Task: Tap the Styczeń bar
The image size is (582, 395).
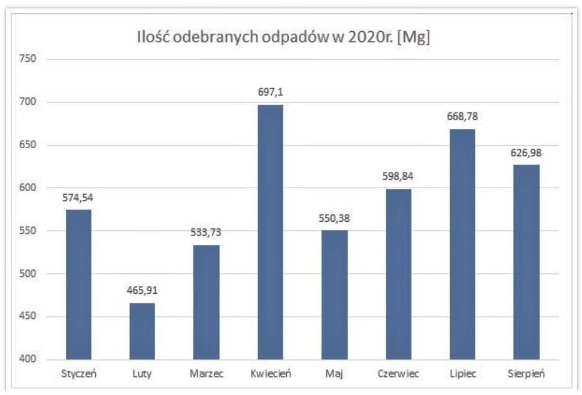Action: (78, 284)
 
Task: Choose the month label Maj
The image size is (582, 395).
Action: (334, 374)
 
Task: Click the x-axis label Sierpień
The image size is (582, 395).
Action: (526, 374)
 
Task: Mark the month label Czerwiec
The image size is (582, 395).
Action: (398, 374)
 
